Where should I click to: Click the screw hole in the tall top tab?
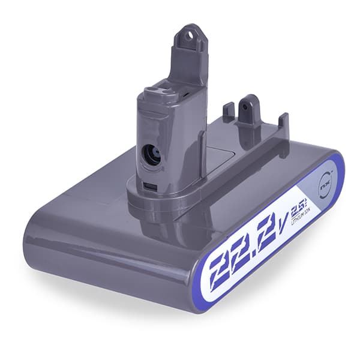191,35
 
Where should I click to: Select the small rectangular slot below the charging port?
151,184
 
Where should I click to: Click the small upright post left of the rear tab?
229,112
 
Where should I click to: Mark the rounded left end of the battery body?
36,240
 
